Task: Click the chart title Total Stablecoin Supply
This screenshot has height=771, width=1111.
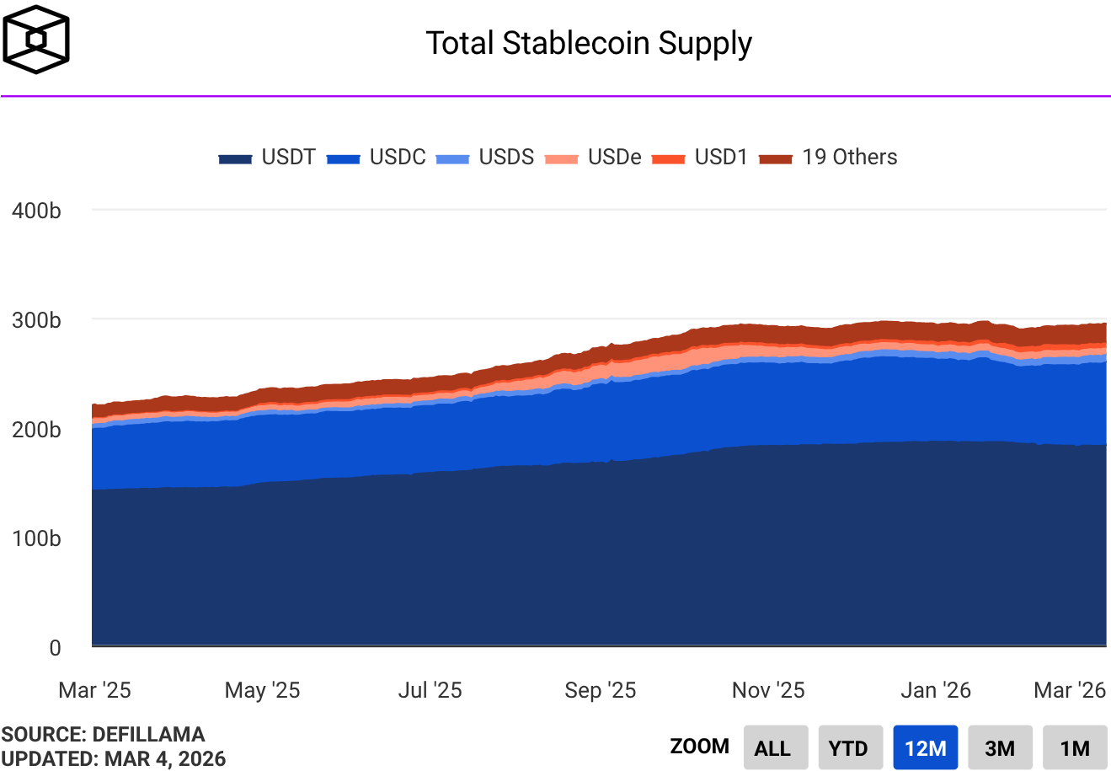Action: [x=588, y=43]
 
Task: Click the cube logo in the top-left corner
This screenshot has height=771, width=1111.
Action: [x=36, y=40]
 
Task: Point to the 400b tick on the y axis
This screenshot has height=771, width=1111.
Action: [x=36, y=211]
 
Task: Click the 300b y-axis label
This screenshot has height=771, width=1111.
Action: [x=36, y=320]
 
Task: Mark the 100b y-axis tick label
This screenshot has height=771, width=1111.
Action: [x=36, y=538]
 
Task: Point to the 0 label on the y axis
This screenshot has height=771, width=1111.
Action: [x=56, y=647]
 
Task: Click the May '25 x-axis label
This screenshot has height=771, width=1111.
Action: [x=262, y=691]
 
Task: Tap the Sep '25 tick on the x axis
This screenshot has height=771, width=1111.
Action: [x=600, y=691]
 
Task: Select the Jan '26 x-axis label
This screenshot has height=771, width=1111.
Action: [x=935, y=691]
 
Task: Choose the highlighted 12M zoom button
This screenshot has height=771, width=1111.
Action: [x=925, y=748]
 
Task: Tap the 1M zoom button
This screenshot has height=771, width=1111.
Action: [x=1074, y=748]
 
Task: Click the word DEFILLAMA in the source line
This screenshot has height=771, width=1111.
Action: [x=148, y=735]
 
